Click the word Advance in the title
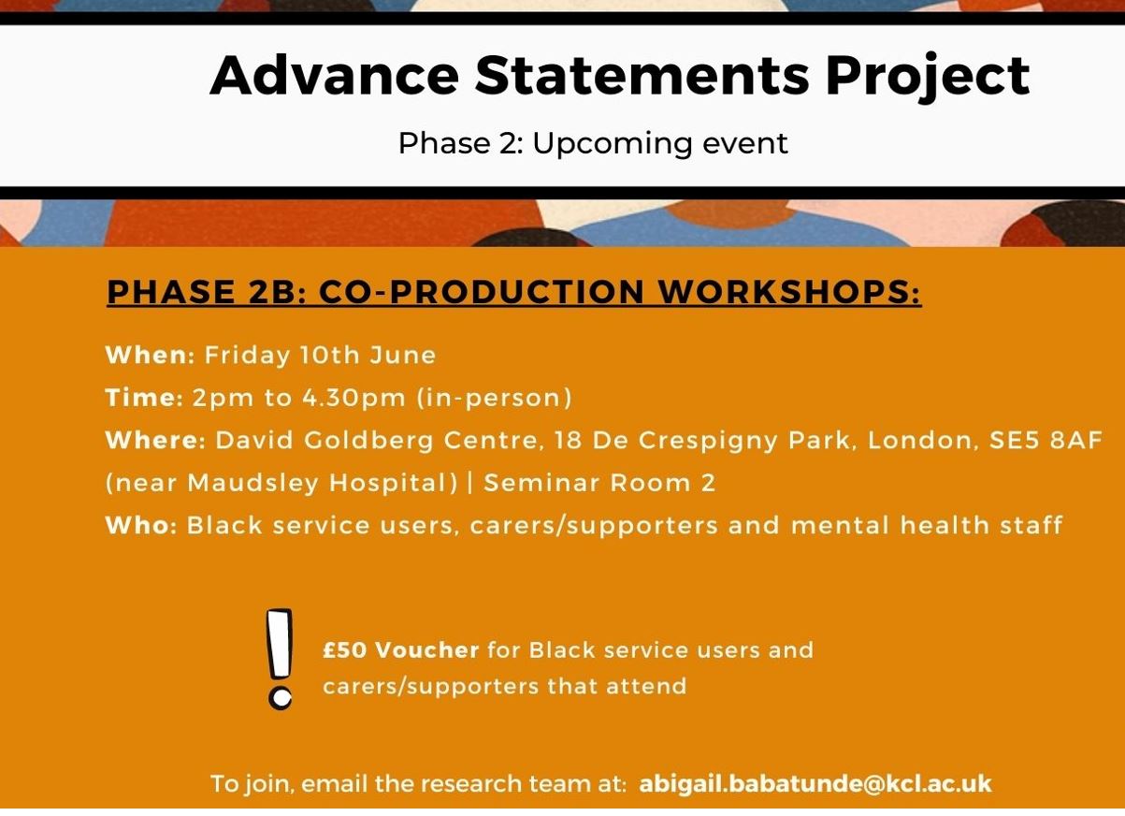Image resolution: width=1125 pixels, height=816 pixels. click(335, 76)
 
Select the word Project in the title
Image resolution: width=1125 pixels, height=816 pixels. click(928, 78)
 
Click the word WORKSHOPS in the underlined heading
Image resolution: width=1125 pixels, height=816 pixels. click(790, 292)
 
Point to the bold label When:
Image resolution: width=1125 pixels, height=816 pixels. click(151, 356)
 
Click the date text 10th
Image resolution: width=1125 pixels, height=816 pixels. click(330, 356)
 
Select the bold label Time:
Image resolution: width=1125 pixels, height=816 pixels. click(145, 398)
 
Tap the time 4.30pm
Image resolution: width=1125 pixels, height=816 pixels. click(354, 399)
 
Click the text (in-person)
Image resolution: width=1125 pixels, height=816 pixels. click(495, 399)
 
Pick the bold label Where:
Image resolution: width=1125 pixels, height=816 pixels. click(155, 441)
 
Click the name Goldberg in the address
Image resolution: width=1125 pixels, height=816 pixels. click(368, 442)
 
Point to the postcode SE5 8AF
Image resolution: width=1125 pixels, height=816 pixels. click(1046, 441)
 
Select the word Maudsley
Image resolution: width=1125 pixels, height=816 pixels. click(253, 485)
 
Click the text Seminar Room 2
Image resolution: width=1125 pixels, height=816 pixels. click(599, 484)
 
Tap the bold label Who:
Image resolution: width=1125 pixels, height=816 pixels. click(141, 526)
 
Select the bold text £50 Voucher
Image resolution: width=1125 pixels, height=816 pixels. click(401, 650)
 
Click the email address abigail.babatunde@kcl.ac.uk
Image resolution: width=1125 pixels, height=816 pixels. click(815, 784)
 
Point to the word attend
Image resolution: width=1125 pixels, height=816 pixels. click(646, 687)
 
